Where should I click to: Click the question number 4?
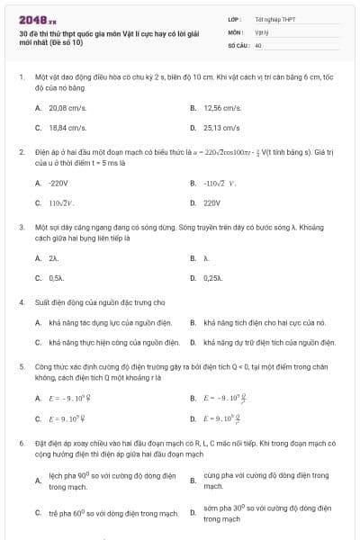point(21,302)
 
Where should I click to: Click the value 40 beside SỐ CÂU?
point(258,44)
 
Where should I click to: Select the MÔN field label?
point(235,31)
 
